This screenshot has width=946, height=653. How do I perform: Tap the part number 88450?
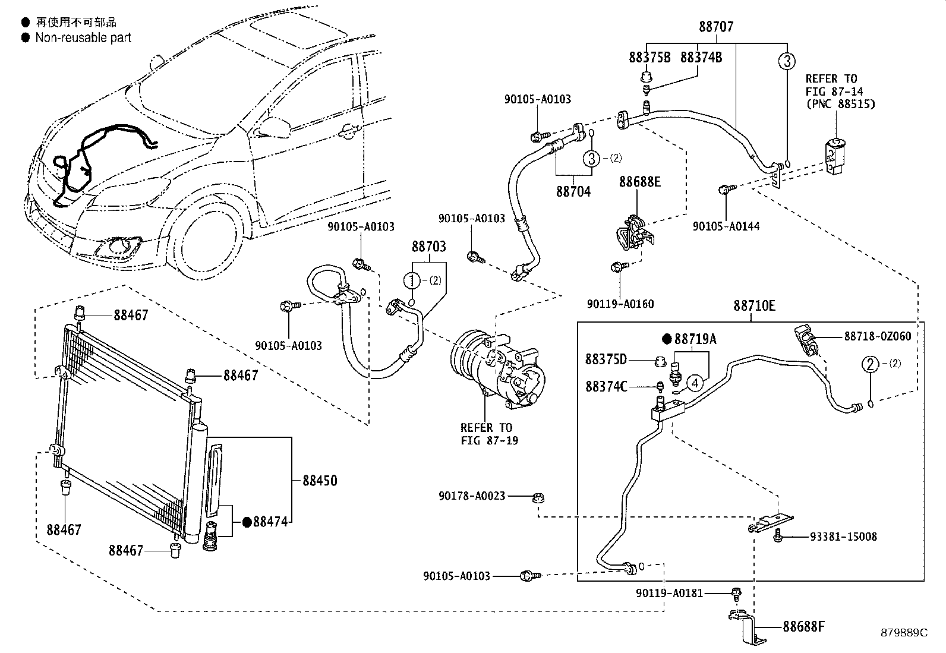point(320,480)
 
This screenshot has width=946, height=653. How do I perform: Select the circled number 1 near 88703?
point(412,280)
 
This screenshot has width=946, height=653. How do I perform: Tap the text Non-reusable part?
point(83,38)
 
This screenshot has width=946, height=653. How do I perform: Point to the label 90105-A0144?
point(726,226)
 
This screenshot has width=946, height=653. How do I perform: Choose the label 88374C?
point(606,387)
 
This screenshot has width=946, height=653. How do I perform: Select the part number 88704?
point(573,192)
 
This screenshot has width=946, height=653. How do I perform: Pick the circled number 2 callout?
point(870,364)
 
